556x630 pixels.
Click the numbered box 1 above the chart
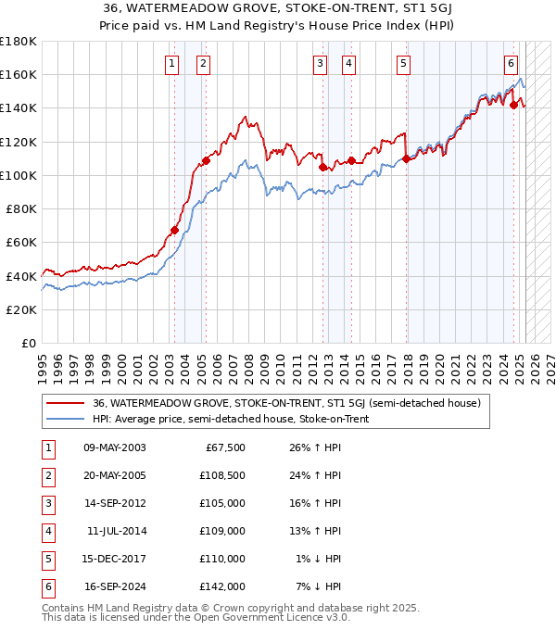(x=172, y=64)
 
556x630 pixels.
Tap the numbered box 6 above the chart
(x=511, y=64)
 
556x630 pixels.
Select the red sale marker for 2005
(x=207, y=160)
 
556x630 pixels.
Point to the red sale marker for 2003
(x=174, y=230)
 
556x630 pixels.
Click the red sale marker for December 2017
(x=406, y=158)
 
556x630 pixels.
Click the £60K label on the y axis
(x=22, y=242)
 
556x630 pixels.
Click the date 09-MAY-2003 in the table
(x=115, y=447)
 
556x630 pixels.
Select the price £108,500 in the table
(x=222, y=475)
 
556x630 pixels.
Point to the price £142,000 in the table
(x=222, y=586)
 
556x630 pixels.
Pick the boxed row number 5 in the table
(x=48, y=559)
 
